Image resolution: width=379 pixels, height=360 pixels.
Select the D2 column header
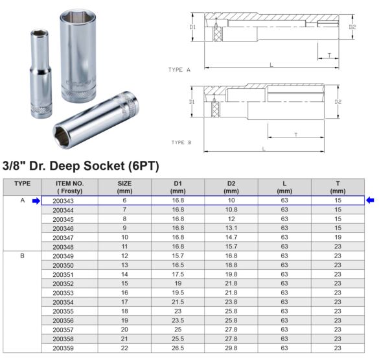click(x=231, y=187)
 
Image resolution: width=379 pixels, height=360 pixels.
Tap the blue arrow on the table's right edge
click(x=370, y=200)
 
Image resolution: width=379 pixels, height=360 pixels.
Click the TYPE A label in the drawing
click(x=179, y=69)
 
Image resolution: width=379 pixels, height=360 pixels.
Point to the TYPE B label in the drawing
click(x=181, y=141)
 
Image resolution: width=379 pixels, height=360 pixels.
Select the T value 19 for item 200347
click(x=338, y=238)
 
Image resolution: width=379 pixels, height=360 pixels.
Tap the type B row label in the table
click(x=23, y=256)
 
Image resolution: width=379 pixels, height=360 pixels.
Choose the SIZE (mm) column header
click(x=124, y=187)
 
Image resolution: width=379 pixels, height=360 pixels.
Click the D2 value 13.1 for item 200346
click(x=231, y=229)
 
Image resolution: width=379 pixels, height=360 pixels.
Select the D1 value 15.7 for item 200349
click(x=178, y=256)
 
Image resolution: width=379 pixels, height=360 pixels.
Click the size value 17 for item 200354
click(x=124, y=302)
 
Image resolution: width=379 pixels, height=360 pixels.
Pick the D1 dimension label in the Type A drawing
click(x=192, y=27)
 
